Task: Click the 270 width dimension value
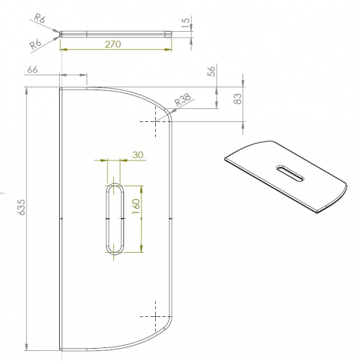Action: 113,44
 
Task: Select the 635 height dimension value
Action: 21,207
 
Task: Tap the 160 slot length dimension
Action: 136,206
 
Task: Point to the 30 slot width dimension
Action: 138,155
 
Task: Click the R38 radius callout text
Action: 183,100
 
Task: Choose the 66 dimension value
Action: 32,69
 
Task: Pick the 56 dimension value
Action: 211,71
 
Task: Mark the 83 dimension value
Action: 237,99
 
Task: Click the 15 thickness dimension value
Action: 185,22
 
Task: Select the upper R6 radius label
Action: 39,18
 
